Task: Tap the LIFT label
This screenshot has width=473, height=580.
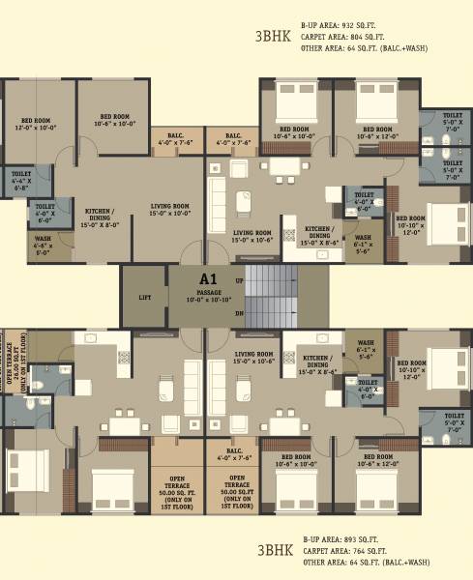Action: click(x=145, y=298)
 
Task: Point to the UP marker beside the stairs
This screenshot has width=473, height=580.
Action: click(x=239, y=279)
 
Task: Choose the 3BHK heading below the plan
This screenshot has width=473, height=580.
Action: click(x=274, y=551)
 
